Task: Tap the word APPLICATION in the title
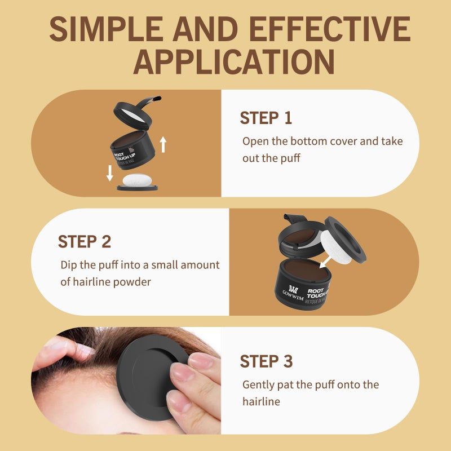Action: point(233,61)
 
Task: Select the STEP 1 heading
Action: point(266,118)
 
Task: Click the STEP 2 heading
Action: point(85,241)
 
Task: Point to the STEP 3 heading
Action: point(266,361)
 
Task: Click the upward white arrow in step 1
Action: point(163,144)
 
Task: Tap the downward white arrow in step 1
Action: point(110,173)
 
